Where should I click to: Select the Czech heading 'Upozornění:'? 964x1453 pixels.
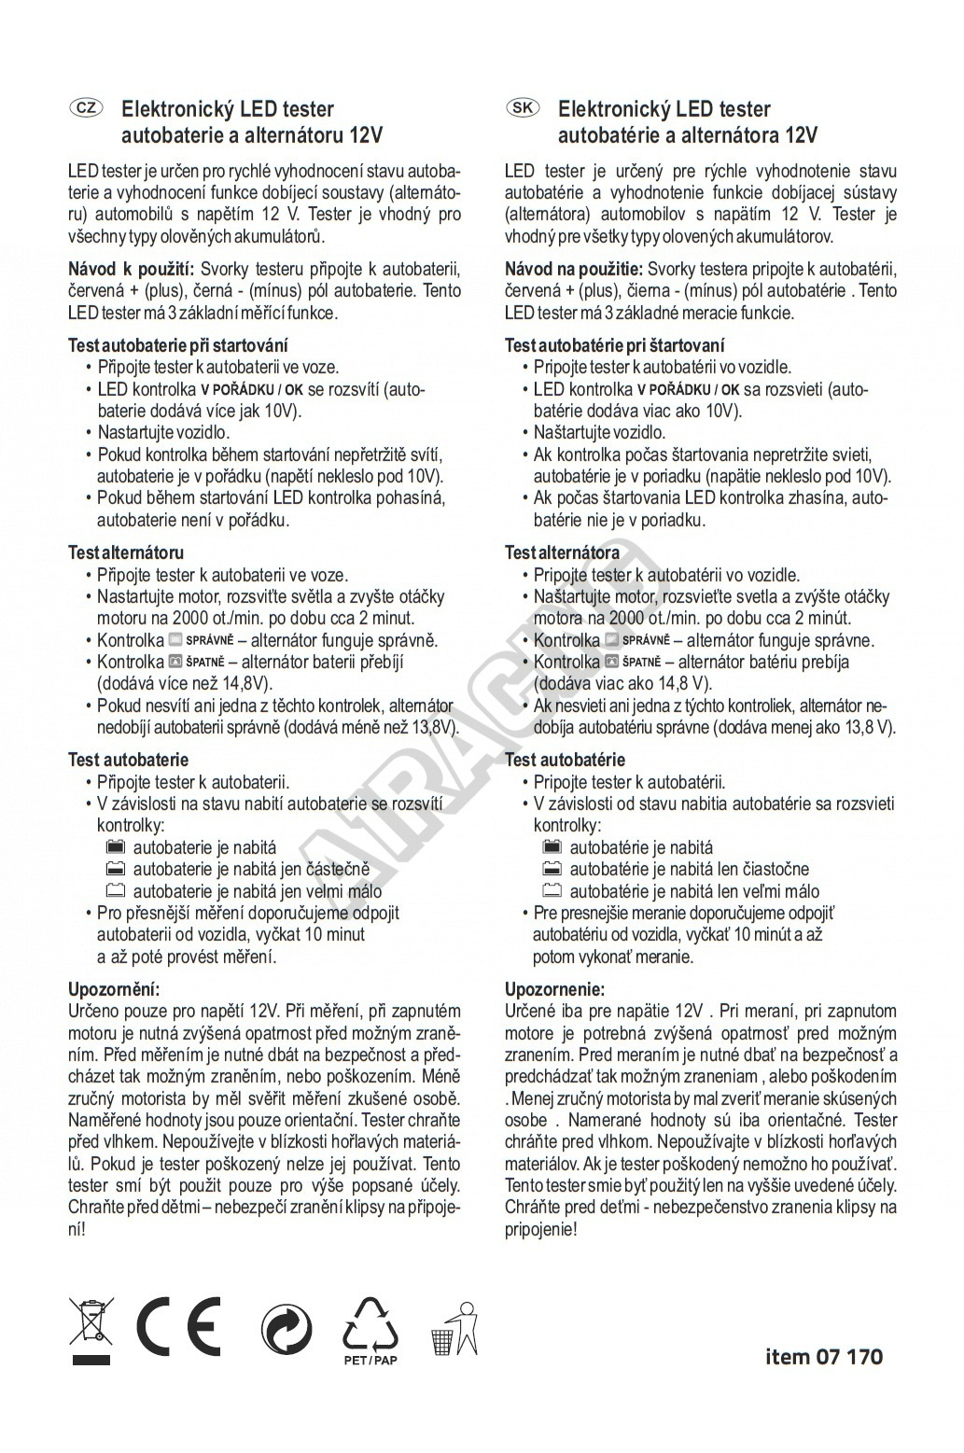tap(115, 988)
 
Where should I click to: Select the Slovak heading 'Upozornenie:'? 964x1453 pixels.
tap(554, 988)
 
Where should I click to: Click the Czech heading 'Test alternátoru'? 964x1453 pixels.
tap(126, 552)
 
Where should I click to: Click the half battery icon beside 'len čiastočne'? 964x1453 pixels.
tap(552, 869)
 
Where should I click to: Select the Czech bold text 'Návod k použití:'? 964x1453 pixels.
tap(132, 270)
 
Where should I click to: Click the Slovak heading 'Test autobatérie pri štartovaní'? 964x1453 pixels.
tap(615, 345)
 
